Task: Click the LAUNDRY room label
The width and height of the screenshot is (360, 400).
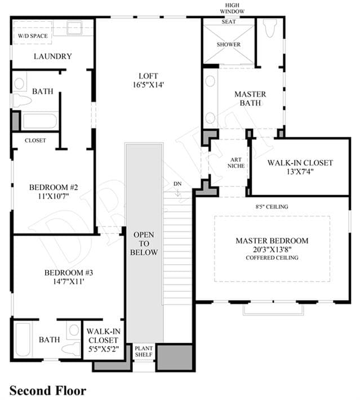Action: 53,56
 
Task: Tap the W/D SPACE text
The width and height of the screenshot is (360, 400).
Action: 33,36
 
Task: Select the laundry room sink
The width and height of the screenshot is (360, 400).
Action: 74,28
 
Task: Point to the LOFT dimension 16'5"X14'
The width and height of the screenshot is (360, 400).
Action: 148,85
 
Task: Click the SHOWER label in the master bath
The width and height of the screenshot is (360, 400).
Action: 229,45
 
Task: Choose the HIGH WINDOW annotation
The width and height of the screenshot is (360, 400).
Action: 232,8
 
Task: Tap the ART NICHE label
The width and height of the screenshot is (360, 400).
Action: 236,163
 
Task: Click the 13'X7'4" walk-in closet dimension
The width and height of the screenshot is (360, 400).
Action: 300,171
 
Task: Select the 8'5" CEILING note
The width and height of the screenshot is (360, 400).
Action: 272,207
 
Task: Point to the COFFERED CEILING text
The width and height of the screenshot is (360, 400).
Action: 272,257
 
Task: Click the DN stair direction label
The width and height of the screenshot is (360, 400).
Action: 177,184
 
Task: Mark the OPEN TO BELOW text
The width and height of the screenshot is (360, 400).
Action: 144,243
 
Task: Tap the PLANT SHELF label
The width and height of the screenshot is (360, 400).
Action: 144,352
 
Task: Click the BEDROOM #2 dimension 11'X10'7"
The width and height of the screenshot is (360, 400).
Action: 54,196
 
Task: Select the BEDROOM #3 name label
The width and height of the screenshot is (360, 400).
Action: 69,273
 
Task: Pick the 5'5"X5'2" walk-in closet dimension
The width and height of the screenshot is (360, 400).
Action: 103,349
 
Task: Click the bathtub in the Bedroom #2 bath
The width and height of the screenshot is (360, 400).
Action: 40,121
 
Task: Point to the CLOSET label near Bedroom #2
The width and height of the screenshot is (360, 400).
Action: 35,140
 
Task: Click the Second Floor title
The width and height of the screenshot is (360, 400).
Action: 48,390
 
